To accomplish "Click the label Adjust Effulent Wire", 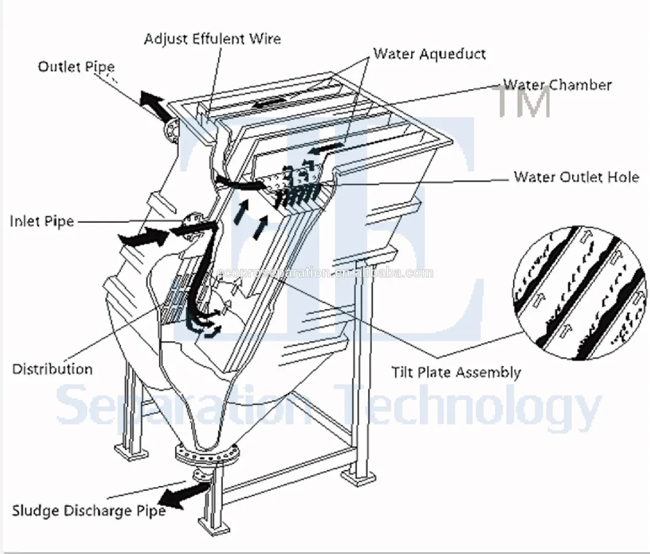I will pos(212,39).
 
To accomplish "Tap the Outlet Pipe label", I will pos(75,66).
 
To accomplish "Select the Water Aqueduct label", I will pos(429,53).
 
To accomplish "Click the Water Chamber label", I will pos(557,85).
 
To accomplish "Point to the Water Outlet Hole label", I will pos(576,177).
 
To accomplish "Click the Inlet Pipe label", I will pos(41,221).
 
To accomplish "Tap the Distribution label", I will pos(52,369).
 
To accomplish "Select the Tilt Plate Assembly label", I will pos(456,372).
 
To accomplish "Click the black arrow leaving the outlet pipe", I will pos(154,106).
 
